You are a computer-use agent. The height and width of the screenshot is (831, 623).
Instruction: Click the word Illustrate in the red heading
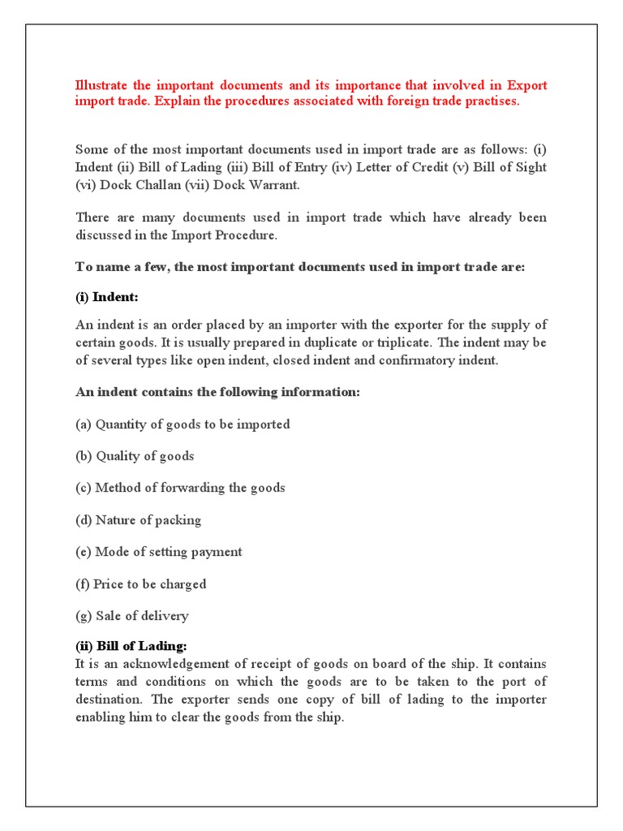(104, 85)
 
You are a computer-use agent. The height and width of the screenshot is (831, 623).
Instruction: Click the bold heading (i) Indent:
(107, 297)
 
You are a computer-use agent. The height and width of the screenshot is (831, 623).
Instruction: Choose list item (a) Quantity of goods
(183, 424)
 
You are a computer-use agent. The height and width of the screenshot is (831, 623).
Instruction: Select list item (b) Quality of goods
(135, 456)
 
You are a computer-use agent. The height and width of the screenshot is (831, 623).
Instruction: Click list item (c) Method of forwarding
(180, 488)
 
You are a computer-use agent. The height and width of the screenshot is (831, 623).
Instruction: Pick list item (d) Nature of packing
(138, 519)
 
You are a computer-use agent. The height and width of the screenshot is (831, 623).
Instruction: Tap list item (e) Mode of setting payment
(159, 552)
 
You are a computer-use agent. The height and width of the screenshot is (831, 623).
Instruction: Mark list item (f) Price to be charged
(141, 583)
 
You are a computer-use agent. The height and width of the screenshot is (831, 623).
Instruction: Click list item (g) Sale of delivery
(132, 615)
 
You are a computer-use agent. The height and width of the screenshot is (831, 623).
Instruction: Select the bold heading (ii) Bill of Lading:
(131, 646)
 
